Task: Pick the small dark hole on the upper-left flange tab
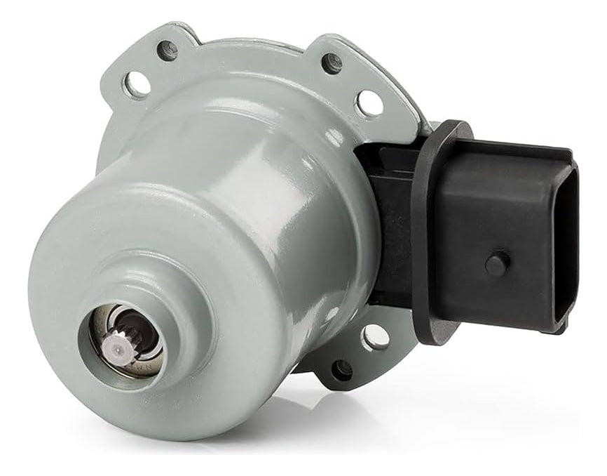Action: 168,50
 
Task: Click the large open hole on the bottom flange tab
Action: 376,338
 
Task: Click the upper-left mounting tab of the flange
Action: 151,67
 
